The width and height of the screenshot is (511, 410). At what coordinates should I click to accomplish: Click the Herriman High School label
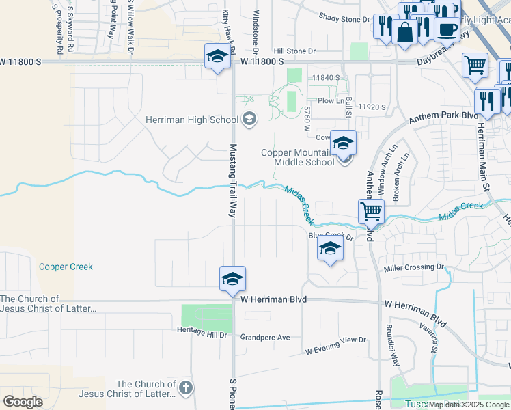(x=191, y=120)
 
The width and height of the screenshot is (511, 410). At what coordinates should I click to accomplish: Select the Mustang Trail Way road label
(x=232, y=180)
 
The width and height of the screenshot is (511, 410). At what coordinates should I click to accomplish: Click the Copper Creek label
(x=66, y=266)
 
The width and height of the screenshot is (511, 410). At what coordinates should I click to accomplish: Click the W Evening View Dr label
(x=335, y=345)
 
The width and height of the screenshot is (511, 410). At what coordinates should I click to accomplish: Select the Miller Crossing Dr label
(x=413, y=267)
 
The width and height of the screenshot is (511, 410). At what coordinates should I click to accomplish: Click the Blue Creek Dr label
(x=330, y=236)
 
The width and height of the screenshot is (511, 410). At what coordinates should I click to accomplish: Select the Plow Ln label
(x=331, y=100)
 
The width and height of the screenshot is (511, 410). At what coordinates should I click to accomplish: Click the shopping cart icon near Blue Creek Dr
(x=371, y=211)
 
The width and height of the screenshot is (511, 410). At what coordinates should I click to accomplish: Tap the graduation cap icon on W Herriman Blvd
(x=232, y=279)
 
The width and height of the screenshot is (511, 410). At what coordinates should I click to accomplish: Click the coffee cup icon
(x=446, y=29)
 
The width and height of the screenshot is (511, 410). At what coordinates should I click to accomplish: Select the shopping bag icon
(x=405, y=32)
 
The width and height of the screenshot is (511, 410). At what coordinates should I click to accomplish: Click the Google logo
(x=23, y=402)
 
